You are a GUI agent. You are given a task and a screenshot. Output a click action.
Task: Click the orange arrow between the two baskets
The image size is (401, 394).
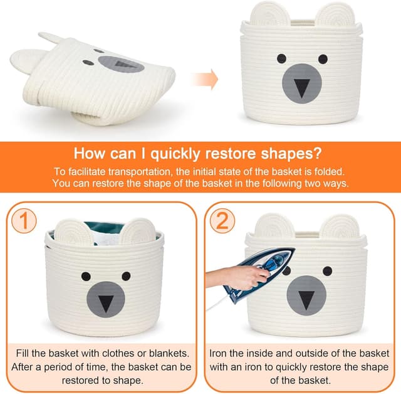point(205,79)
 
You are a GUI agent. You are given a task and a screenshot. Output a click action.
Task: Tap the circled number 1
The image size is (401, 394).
point(24,220)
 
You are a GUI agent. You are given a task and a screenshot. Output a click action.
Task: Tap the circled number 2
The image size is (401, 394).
point(222,220)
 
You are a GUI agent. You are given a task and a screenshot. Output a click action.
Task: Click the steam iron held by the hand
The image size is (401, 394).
point(258,274)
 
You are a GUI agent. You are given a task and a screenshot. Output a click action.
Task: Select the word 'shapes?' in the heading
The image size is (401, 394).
point(291,153)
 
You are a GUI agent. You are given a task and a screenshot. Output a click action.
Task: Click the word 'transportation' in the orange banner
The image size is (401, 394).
point(139,171)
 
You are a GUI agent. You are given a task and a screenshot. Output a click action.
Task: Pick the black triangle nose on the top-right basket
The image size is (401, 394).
point(302,88)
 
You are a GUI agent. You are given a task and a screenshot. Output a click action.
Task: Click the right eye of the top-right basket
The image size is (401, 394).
point(323,59)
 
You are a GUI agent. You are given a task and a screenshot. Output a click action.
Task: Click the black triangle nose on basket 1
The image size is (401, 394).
point(106,304)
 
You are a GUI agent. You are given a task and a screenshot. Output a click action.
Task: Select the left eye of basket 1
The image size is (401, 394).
point(86,276)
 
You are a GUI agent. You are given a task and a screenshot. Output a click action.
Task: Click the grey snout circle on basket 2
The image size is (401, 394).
point(306,296)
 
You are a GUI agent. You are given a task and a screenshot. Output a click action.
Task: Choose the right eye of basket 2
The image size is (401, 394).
point(328,271)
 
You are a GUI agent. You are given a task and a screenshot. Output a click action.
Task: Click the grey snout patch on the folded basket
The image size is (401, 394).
point(121,65)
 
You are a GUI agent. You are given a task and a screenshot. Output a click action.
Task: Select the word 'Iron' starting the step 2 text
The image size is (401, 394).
point(218,353)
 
